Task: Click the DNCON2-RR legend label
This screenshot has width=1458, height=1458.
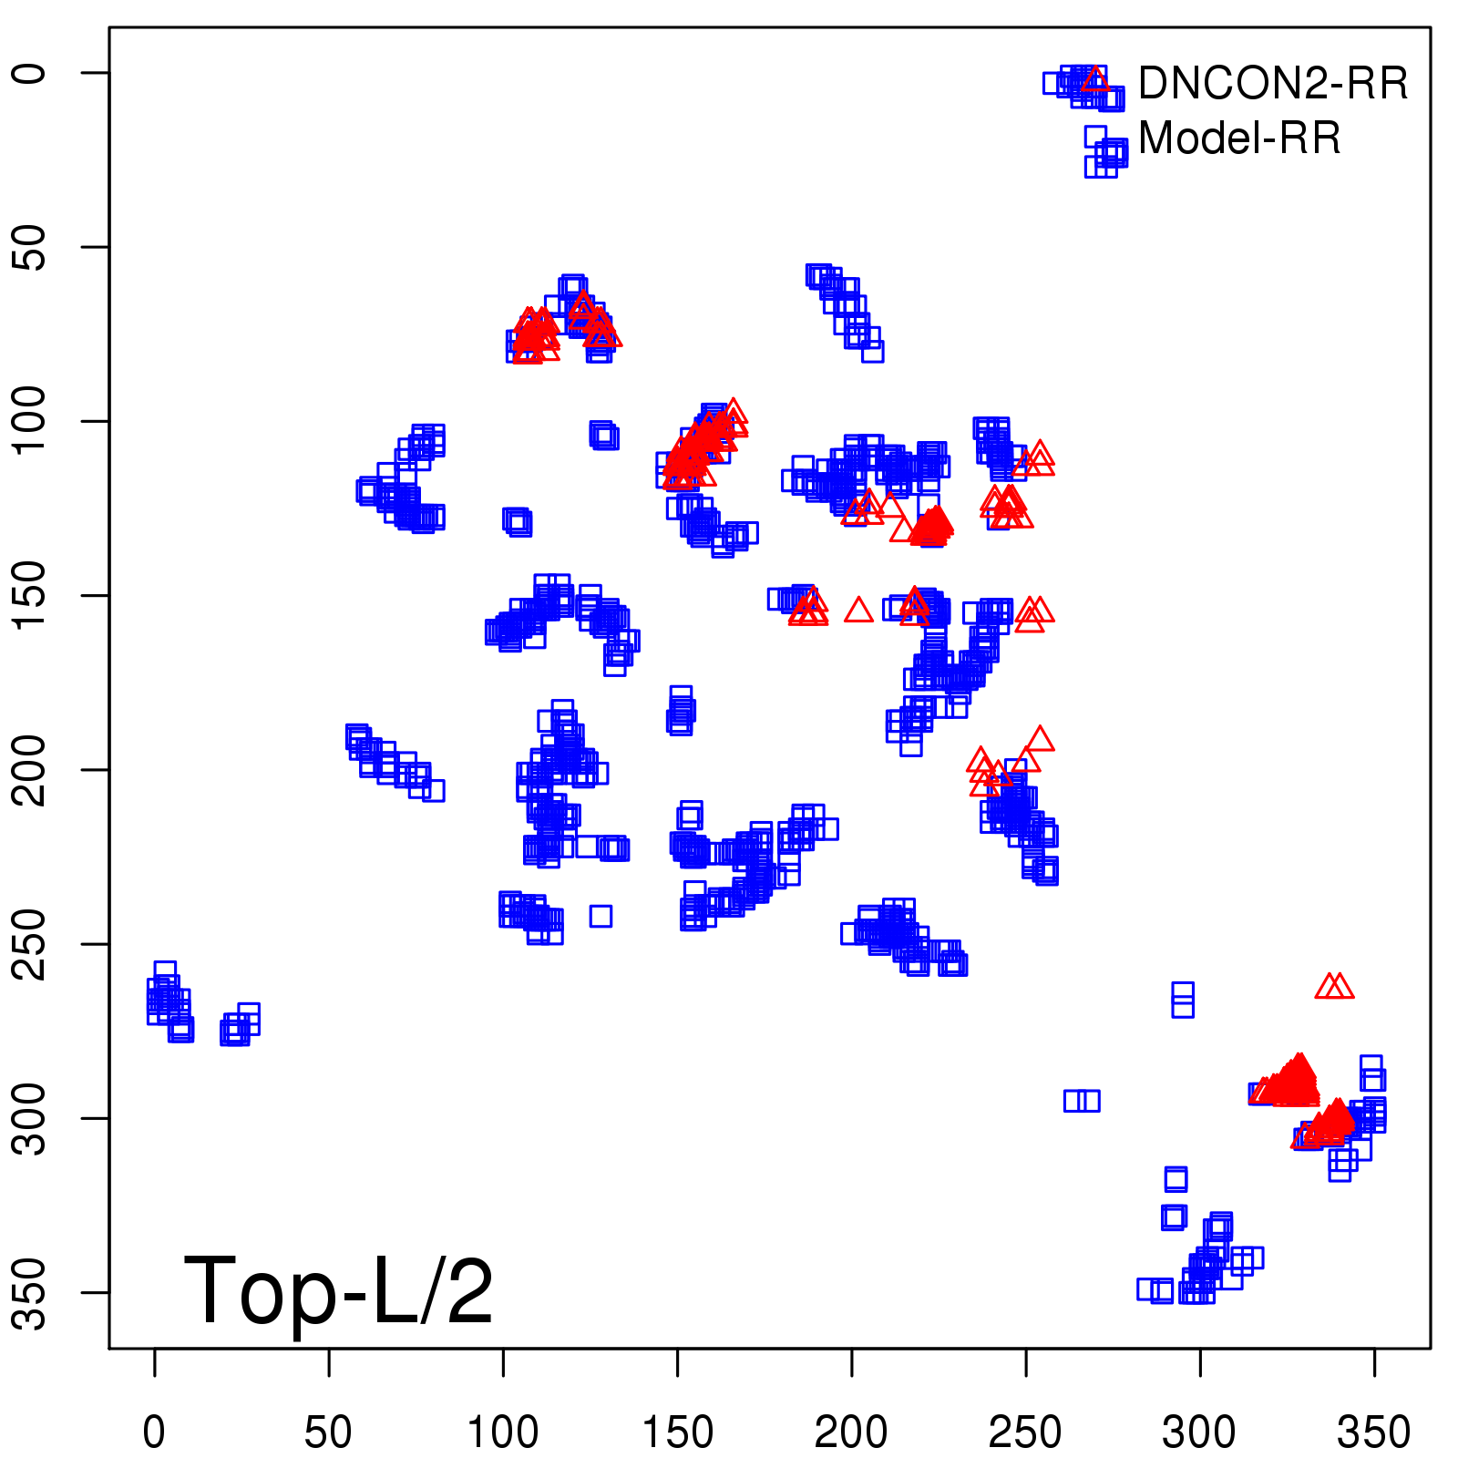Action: (1272, 84)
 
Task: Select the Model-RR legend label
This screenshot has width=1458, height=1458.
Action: (1239, 139)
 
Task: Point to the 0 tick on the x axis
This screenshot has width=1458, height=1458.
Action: (154, 1432)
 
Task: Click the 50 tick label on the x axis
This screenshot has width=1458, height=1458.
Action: (328, 1432)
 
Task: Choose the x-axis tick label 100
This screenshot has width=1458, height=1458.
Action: (503, 1432)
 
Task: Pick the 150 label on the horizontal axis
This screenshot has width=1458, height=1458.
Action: (677, 1432)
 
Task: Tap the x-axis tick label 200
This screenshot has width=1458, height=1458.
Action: (851, 1432)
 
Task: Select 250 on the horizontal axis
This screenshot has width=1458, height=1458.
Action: (1025, 1432)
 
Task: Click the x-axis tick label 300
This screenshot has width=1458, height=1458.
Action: (1199, 1432)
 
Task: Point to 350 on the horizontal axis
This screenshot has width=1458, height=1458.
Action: (1373, 1432)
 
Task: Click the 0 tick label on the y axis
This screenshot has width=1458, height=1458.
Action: (31, 73)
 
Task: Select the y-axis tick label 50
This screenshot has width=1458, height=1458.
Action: (31, 247)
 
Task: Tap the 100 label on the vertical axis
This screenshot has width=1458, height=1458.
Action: (31, 421)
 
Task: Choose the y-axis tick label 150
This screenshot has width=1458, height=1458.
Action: (31, 595)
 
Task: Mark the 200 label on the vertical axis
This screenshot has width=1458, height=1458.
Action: (31, 769)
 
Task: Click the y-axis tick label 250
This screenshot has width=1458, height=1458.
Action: (31, 944)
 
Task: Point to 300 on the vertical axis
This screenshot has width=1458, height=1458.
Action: (31, 1118)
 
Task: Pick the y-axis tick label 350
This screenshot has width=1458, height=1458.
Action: (31, 1292)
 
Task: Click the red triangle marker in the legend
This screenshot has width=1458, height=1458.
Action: (1094, 80)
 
